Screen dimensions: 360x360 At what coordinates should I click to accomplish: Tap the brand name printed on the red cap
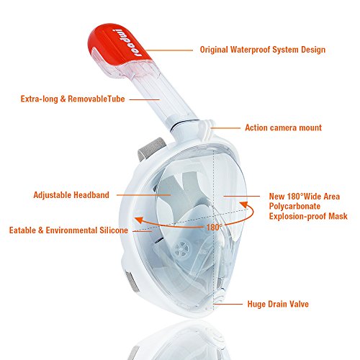127,43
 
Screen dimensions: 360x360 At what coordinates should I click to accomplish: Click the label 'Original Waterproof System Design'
263,50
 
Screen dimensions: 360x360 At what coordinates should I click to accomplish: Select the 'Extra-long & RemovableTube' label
73,99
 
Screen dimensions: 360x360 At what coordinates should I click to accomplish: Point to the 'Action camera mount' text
283,127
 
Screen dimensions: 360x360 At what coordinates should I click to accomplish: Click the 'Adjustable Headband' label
71,195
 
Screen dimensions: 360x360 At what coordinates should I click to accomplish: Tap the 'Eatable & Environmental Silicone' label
68,230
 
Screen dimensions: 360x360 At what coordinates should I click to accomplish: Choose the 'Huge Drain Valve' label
278,304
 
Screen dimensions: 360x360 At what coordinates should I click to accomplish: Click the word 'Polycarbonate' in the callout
294,207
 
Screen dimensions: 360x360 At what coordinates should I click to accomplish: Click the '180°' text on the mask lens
215,228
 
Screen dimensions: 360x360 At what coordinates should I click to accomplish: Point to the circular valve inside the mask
183,248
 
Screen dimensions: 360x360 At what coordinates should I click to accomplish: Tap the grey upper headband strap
152,149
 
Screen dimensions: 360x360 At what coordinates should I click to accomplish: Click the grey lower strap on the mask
132,282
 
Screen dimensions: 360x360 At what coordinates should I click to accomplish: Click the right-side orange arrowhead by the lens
244,204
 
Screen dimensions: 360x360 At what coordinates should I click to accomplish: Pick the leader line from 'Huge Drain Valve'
228,304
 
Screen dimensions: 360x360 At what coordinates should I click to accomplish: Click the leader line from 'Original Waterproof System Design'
169,50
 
